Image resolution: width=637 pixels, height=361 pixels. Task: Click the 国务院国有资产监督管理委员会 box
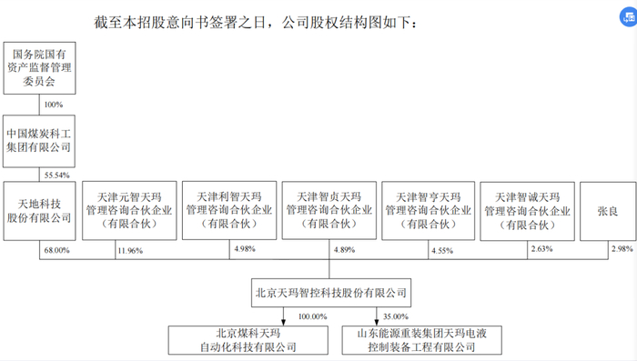pyautogui.click(x=38, y=67)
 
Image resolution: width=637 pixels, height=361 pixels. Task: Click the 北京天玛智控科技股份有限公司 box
pyautogui.click(x=329, y=293)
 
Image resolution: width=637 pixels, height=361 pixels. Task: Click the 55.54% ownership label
pyautogui.click(x=56, y=173)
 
